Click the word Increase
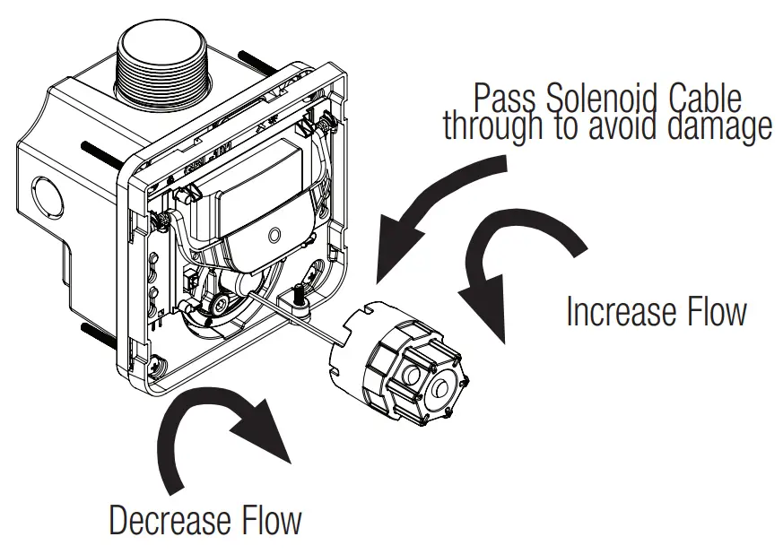[621, 312]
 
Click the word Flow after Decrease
[272, 521]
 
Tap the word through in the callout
[492, 127]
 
